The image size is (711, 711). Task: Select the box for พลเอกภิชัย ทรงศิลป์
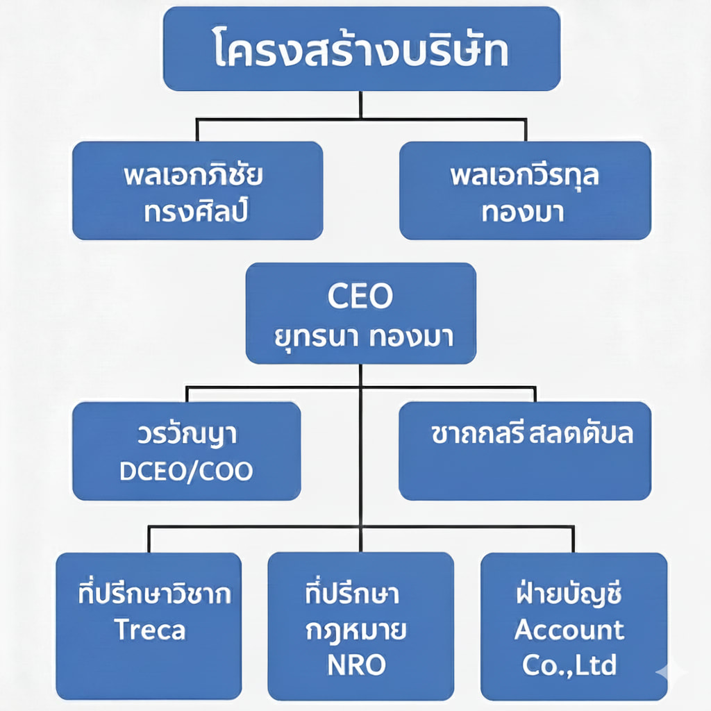pyautogui.click(x=197, y=190)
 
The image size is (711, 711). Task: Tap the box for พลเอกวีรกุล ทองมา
pyautogui.click(x=525, y=190)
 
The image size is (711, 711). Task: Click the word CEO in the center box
pyautogui.click(x=360, y=296)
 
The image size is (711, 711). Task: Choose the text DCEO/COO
pyautogui.click(x=186, y=471)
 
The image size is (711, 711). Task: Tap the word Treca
pyautogui.click(x=150, y=630)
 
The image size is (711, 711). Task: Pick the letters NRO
pyautogui.click(x=356, y=665)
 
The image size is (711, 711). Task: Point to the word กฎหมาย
pyautogui.click(x=356, y=630)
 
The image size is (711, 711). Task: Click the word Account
pyautogui.click(x=569, y=630)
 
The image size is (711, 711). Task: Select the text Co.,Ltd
pyautogui.click(x=569, y=665)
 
